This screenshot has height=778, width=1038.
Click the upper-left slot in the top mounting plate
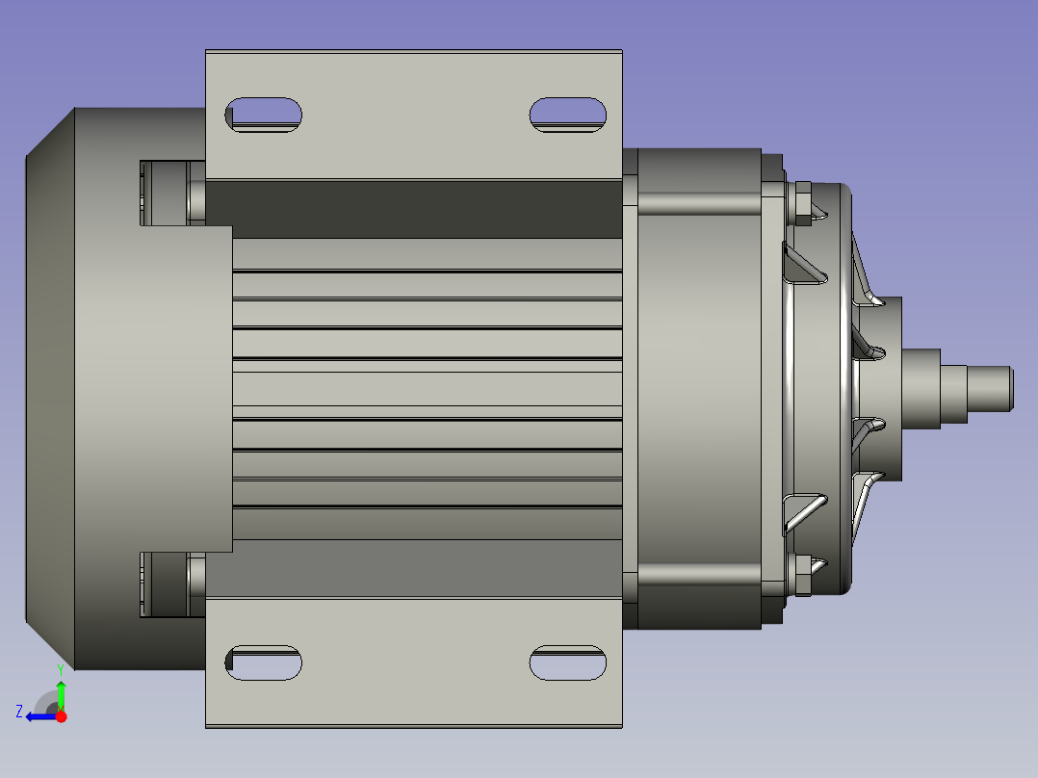(263, 115)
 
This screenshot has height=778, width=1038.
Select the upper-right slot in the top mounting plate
(568, 114)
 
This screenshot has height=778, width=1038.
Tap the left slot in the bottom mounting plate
(263, 662)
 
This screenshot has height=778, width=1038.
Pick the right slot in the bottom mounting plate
(568, 662)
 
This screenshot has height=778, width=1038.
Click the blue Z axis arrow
(40, 715)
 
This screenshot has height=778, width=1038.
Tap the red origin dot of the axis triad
(61, 716)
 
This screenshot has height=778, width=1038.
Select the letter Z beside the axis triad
(19, 712)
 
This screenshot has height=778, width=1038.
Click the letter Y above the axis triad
(60, 667)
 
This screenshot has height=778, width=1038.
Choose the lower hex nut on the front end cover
(800, 576)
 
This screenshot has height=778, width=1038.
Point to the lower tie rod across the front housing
(698, 574)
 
